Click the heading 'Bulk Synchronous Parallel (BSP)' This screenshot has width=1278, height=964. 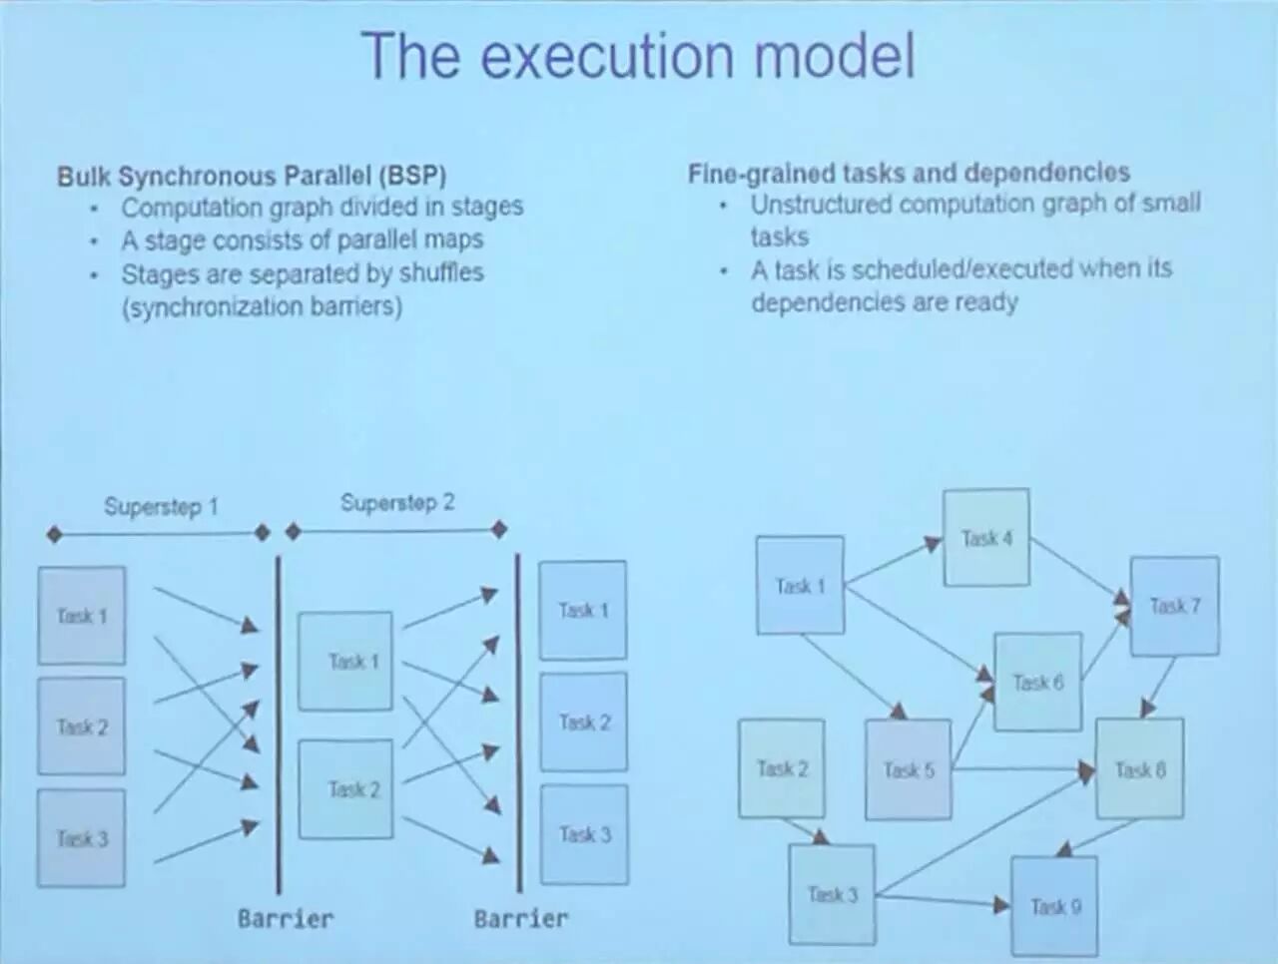pos(252,176)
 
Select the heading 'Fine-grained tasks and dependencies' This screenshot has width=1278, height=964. pos(909,173)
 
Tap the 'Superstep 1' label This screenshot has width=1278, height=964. pos(161,507)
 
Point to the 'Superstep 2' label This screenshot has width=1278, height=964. pos(396,502)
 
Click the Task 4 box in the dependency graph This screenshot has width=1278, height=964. pos(986,538)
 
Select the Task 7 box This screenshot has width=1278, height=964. pos(1174,606)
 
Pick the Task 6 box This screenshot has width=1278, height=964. pos(1037,683)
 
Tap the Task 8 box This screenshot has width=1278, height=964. pos(1139,769)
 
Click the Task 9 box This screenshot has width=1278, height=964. pos(1054,906)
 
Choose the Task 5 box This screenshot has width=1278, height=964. pos(908,769)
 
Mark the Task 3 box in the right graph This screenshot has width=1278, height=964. pos(832,894)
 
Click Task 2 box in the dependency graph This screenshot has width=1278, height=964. pos(781,768)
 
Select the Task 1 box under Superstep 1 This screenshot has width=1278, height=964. pos(82,616)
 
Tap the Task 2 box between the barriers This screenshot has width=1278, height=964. pos(345,789)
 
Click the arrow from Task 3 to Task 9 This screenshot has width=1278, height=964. pos(944,902)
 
